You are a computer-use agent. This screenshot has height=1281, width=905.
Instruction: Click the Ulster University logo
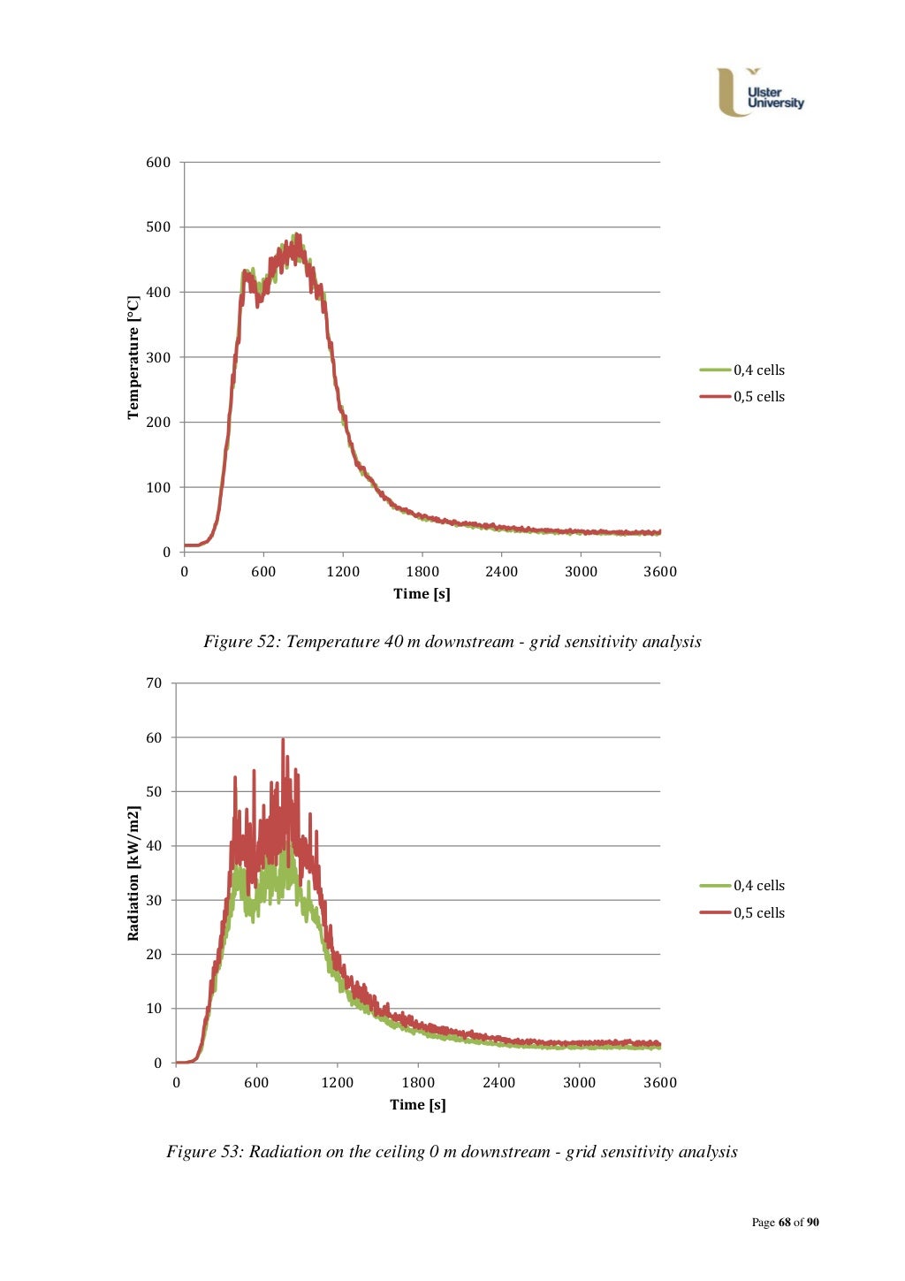pyautogui.click(x=759, y=93)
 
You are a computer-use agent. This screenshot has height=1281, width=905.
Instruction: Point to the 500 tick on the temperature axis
pyautogui.click(x=158, y=227)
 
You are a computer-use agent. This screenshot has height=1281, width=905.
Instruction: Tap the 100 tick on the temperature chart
pyautogui.click(x=158, y=487)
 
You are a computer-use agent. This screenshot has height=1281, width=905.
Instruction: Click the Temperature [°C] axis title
pyautogui.click(x=133, y=357)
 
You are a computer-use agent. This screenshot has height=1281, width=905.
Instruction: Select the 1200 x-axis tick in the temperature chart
pyautogui.click(x=343, y=572)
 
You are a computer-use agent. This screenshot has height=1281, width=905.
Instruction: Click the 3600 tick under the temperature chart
pyautogui.click(x=659, y=572)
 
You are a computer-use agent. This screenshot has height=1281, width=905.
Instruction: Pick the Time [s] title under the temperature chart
pyautogui.click(x=422, y=594)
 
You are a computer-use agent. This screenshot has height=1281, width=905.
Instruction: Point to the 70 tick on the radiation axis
pyautogui.click(x=154, y=683)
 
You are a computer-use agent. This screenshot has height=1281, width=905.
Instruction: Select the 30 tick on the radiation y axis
pyautogui.click(x=154, y=900)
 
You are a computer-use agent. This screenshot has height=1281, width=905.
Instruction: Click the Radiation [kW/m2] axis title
pyautogui.click(x=133, y=873)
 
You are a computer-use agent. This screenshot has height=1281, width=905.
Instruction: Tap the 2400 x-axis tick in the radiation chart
pyautogui.click(x=498, y=1083)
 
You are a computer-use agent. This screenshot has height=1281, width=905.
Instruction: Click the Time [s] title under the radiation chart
pyautogui.click(x=417, y=1105)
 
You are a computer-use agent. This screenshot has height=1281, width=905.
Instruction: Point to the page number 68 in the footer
pyautogui.click(x=784, y=1223)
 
